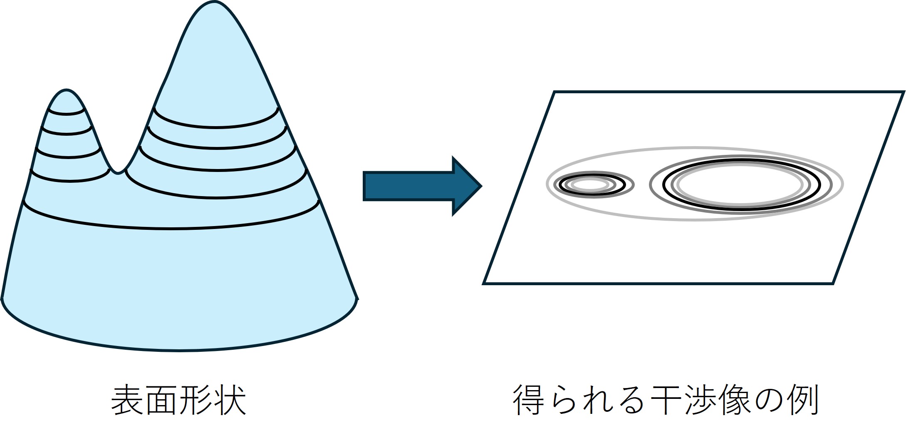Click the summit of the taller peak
coord(214,2)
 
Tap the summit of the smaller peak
coord(66,90)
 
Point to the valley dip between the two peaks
coord(118,172)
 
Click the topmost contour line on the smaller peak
coord(67,114)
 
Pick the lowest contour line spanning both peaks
coord(171,228)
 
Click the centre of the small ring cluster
coord(591,184)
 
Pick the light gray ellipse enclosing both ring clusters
coord(695,148)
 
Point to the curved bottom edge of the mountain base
coord(179,350)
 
